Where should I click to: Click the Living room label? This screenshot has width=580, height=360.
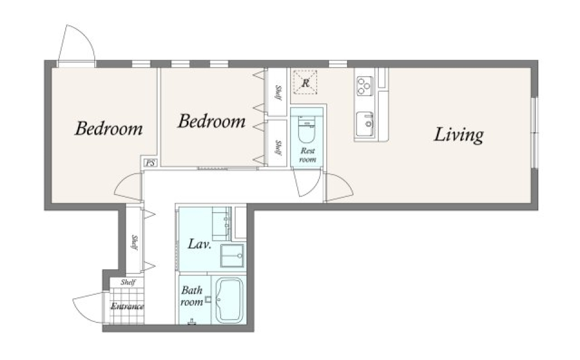point(459,135)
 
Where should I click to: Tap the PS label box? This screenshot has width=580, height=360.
point(150,163)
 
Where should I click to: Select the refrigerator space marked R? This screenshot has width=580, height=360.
point(305,82)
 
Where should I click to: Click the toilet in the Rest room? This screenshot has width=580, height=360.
point(306,129)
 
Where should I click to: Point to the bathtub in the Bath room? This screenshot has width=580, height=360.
point(230,300)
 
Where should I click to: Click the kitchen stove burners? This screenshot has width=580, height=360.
point(364,86)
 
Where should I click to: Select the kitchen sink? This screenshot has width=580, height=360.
point(365,124)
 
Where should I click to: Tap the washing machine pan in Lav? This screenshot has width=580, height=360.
point(232,256)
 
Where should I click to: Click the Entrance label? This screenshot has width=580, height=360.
point(127,306)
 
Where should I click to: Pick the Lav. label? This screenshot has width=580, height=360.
point(199,244)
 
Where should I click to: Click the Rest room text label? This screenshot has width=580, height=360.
point(308,155)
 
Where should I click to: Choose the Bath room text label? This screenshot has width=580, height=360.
point(192,296)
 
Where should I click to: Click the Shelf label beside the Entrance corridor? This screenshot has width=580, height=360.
point(135,242)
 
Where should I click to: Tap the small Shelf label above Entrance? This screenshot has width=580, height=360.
point(128,282)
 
